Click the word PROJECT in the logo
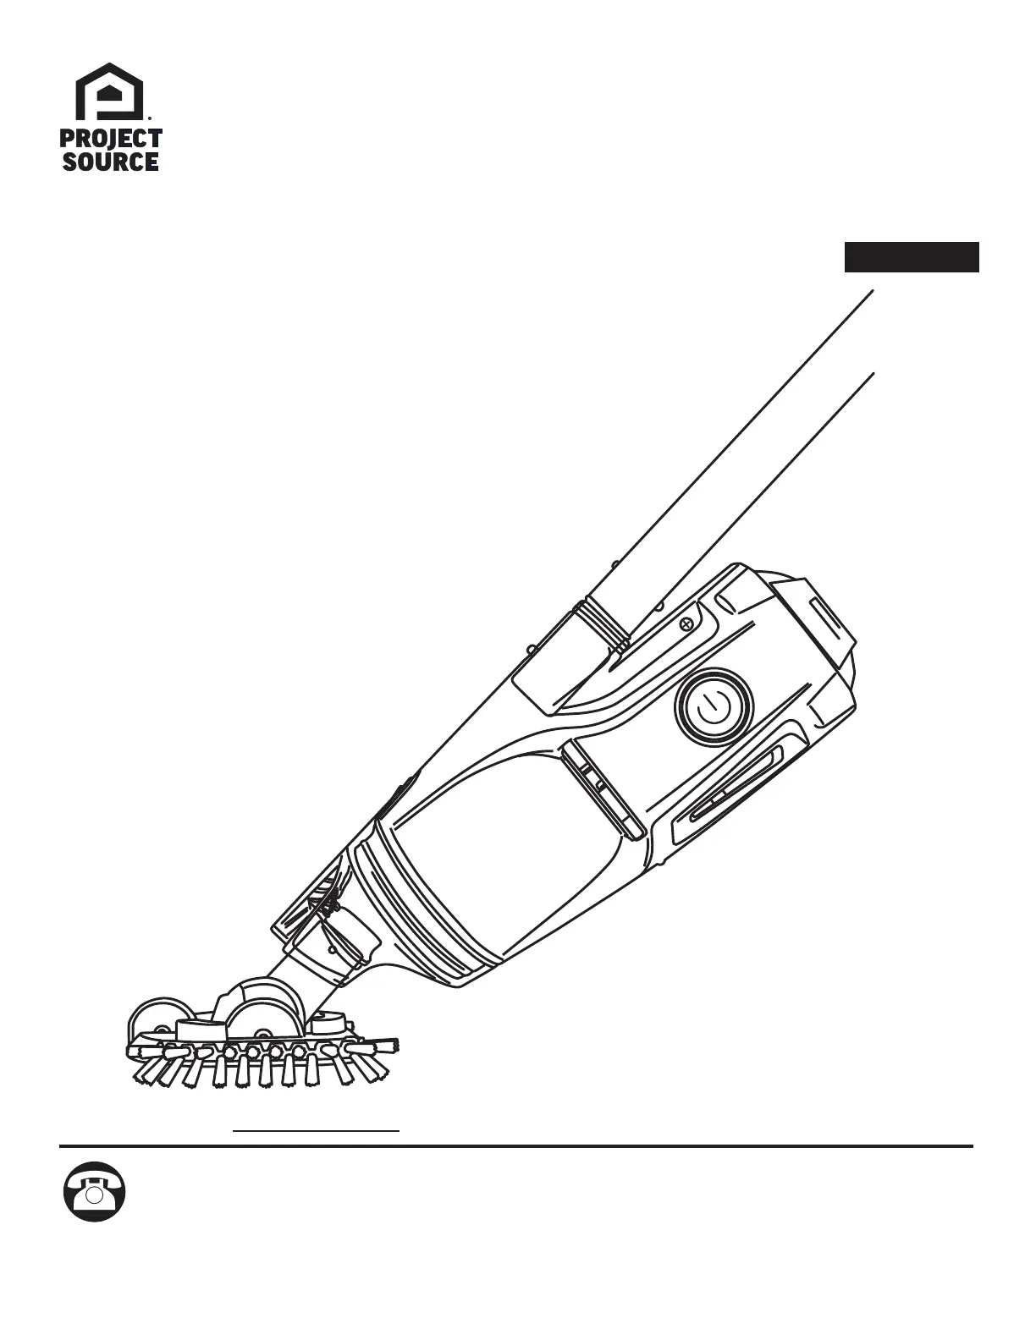pos(111,139)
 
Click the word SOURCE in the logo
pos(111,161)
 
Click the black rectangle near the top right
pos(912,257)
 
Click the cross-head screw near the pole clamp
pos(687,624)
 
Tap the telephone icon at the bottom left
pos(95,1191)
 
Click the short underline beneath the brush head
pos(316,1129)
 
